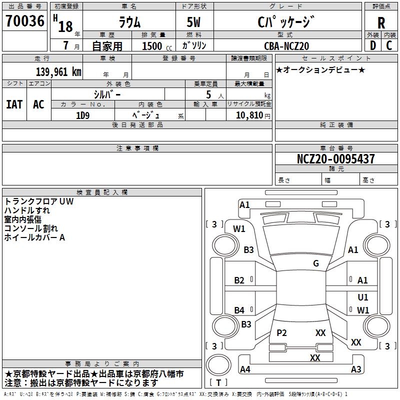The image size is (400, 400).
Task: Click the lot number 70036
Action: click(25, 22)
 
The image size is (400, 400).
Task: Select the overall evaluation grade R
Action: click(381, 23)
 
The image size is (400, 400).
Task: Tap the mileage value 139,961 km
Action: click(58, 72)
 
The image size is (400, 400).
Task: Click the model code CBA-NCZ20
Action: click(286, 46)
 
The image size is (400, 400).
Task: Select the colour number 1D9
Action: click(82, 115)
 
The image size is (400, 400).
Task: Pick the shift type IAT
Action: click(14, 104)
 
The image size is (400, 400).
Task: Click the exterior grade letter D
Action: click(372, 46)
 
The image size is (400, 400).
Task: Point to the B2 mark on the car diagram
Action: click(239, 280)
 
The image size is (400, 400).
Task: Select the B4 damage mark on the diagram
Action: click(239, 310)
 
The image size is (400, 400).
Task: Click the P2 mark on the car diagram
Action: click(281, 333)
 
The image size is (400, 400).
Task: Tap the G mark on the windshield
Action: click(316, 263)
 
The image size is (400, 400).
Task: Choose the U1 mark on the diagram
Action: click(363, 297)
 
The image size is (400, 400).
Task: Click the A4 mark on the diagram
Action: click(245, 369)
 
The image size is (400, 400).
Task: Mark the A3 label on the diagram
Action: click(356, 369)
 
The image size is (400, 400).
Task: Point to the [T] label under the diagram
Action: click(218, 383)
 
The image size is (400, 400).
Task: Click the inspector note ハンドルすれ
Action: click(27, 210)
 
